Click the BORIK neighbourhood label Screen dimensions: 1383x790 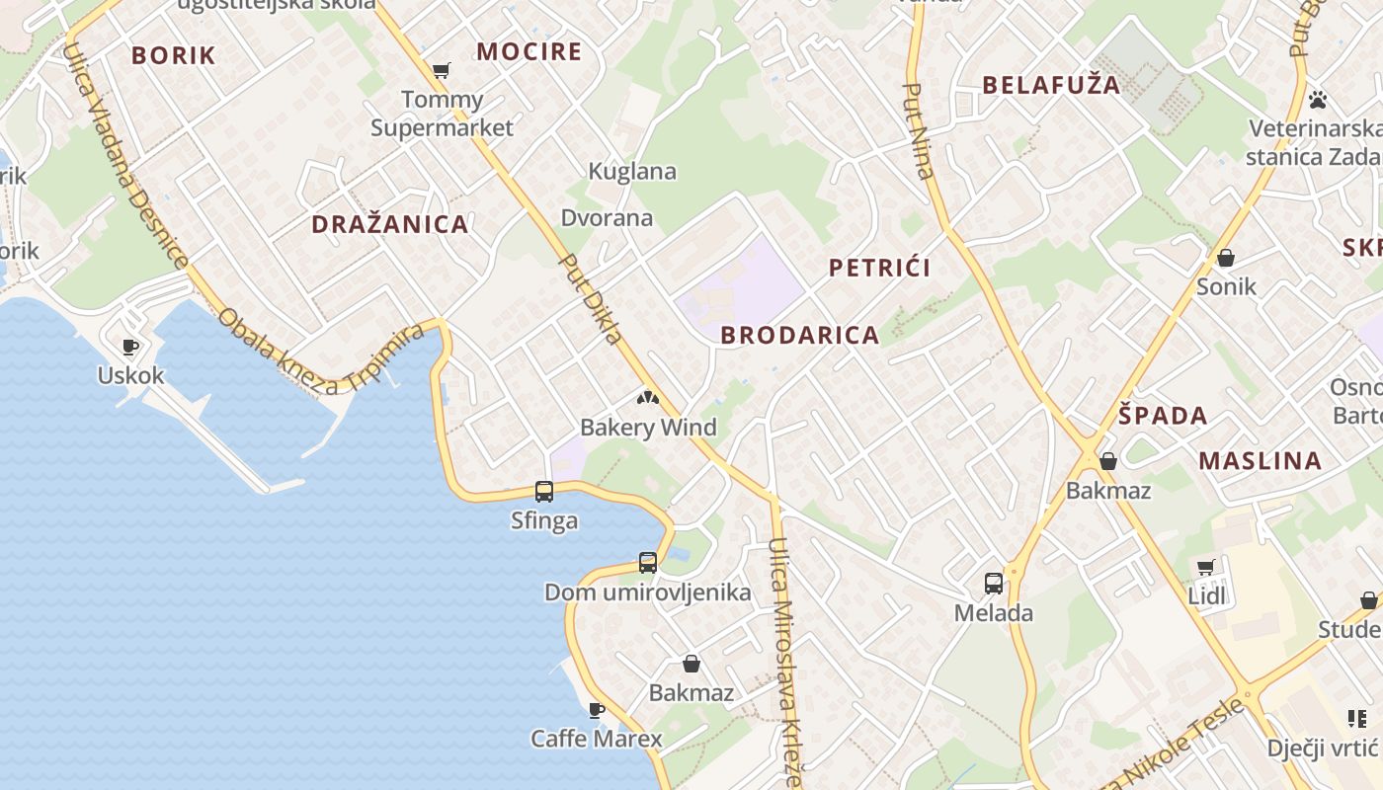173,55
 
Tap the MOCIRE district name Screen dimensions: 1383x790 529,51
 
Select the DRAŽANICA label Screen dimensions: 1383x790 390,224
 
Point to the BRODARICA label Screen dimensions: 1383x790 800,335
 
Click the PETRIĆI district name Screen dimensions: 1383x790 880,268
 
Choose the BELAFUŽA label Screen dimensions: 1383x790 1052,85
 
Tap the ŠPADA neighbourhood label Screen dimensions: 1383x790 1164,415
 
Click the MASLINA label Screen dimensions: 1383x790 1261,460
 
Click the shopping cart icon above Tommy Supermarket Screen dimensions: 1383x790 442,70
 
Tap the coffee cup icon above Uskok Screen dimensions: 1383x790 129,346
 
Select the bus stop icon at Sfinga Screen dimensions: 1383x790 544,491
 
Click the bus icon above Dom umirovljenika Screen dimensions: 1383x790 648,562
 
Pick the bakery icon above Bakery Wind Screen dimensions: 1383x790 648,399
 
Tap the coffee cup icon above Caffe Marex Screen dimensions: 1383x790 596,709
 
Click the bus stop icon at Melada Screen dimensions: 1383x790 994,583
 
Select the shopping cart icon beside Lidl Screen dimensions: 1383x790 1205,567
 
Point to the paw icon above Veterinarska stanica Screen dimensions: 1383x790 1318,99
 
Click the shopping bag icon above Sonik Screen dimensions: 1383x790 1226,258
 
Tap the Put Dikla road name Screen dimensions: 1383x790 591,299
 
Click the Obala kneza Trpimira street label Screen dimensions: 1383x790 320,356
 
